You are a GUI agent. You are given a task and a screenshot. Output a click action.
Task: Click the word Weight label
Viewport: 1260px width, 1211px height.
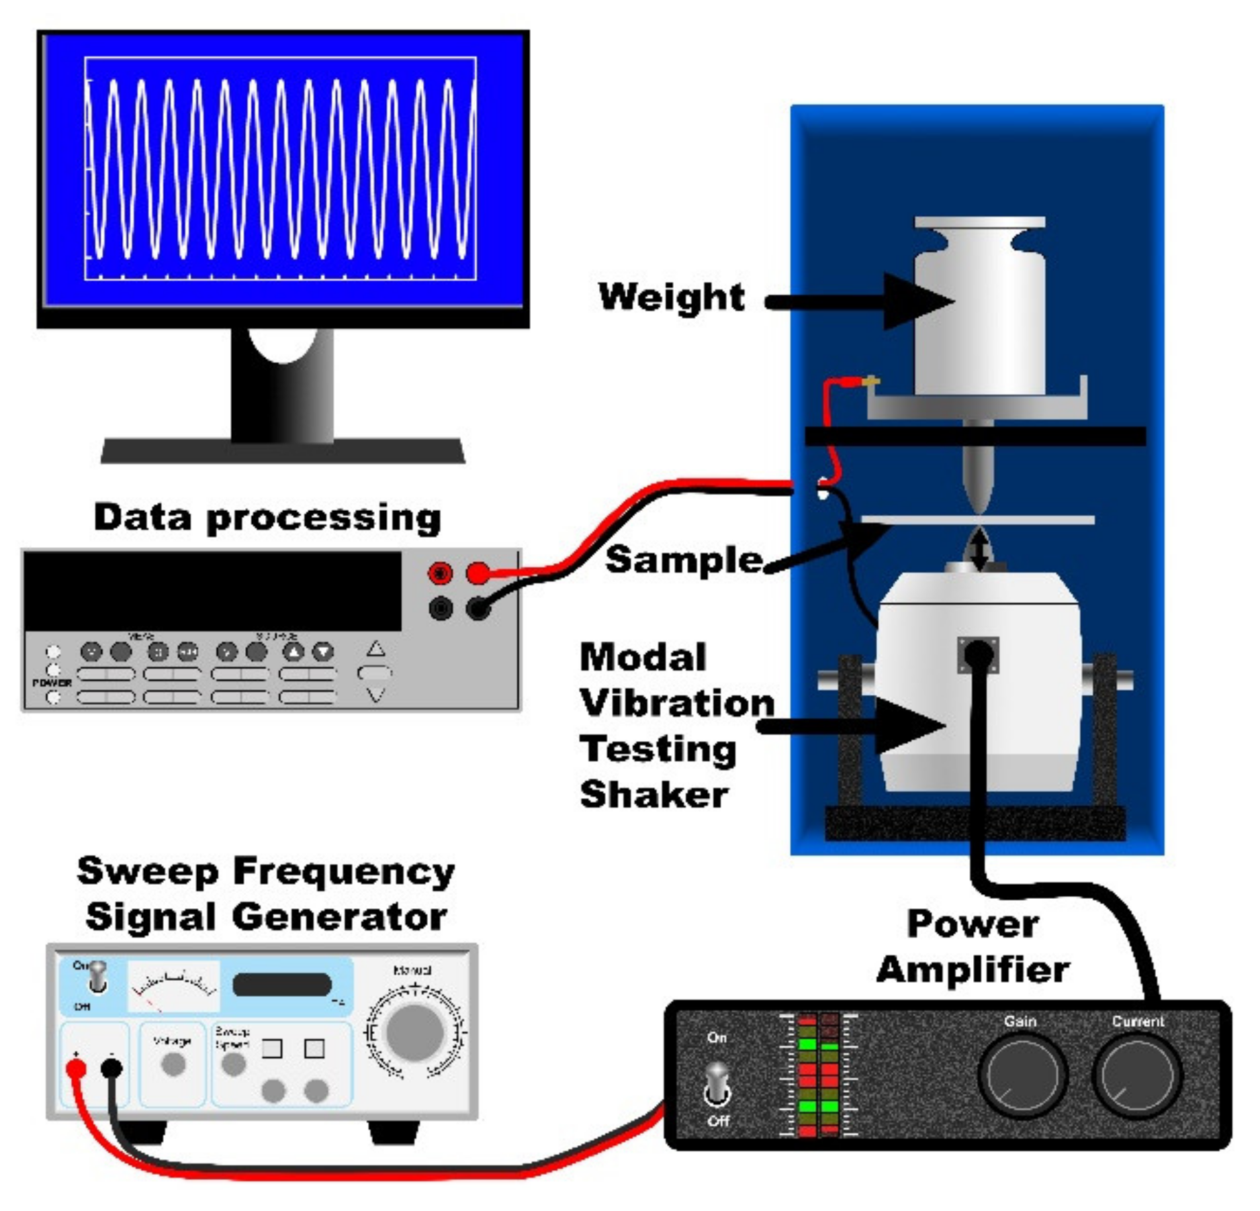[671, 297]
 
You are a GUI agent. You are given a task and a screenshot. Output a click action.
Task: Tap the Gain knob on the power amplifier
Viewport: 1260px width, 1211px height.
[1022, 1075]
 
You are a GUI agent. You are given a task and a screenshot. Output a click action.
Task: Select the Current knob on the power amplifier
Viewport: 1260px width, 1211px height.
[1137, 1075]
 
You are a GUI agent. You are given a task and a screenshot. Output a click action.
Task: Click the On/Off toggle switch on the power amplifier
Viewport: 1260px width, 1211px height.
[717, 1081]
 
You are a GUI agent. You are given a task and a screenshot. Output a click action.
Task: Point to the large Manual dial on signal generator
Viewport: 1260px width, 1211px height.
[414, 1032]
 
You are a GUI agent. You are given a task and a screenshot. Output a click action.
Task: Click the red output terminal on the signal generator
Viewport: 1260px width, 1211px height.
[76, 1069]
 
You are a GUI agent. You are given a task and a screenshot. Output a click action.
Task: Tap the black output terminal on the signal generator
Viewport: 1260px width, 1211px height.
[111, 1068]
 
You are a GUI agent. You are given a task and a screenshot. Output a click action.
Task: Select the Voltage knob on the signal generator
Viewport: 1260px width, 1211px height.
[173, 1065]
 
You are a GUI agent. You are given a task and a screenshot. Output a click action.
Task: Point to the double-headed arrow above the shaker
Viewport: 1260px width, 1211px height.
[979, 549]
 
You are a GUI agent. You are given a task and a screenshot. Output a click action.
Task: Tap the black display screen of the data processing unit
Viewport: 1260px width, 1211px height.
[212, 591]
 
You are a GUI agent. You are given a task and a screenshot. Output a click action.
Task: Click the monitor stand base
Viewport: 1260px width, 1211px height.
[283, 451]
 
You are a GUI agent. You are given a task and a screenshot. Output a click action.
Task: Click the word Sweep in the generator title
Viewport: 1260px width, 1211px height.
[147, 872]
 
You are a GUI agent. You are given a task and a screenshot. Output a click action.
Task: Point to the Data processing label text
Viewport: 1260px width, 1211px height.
[267, 518]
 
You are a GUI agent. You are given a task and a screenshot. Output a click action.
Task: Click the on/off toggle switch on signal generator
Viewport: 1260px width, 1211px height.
[98, 977]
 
